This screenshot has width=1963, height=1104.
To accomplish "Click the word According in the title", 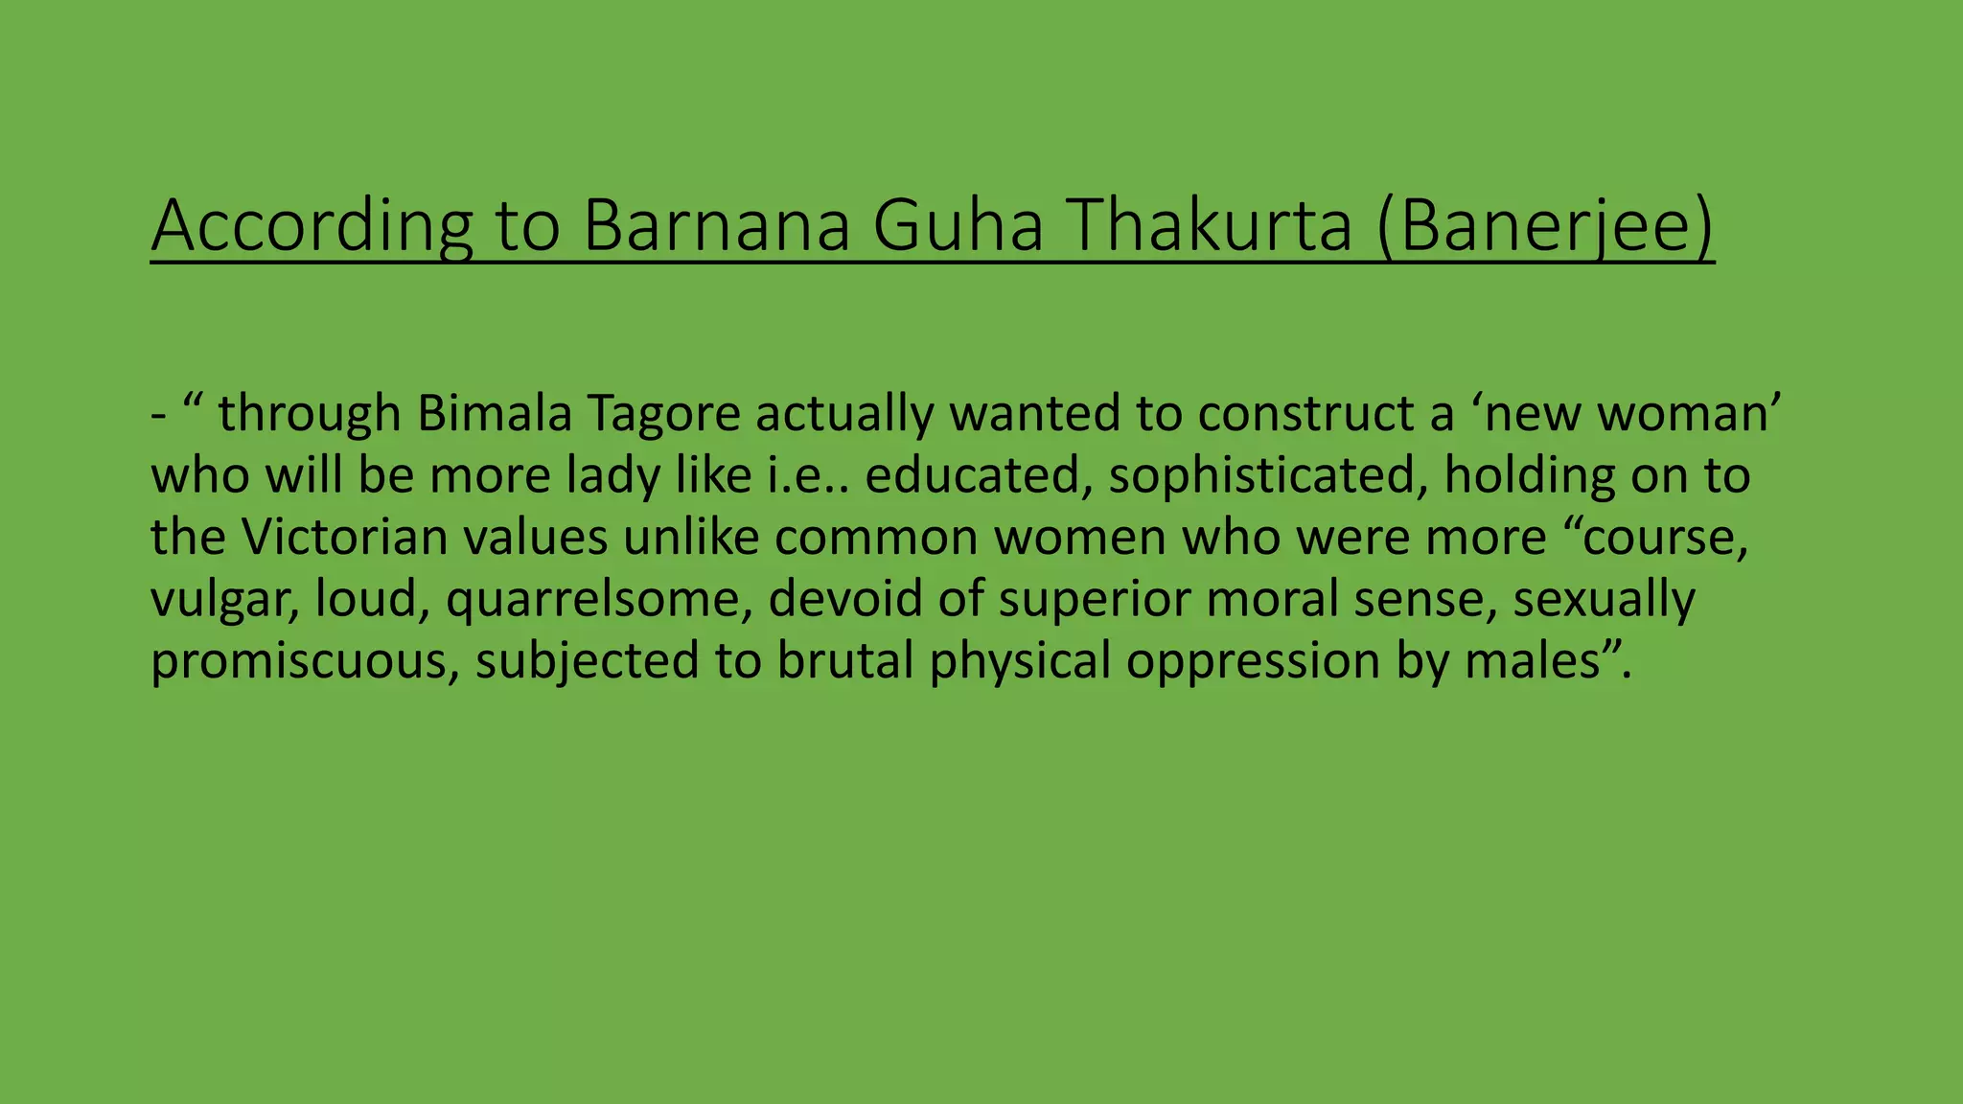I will [312, 226].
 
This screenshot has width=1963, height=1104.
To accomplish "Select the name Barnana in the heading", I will [716, 226].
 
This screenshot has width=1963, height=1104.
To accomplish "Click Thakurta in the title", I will [1210, 226].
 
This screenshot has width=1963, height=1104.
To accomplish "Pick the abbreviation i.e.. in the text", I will [809, 476].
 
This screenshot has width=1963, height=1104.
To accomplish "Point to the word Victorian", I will [344, 538].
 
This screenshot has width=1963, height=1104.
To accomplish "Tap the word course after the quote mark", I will [1659, 538].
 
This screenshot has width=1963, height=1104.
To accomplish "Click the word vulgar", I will [224, 600].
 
